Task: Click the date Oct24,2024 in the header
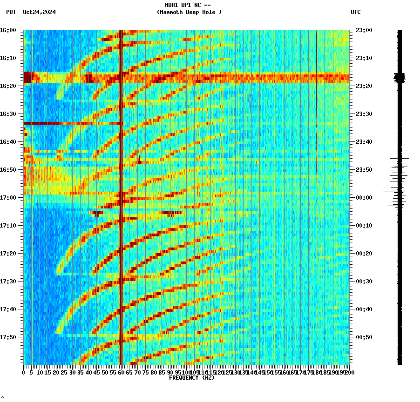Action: pyautogui.click(x=39, y=12)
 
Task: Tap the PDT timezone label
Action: pyautogui.click(x=11, y=12)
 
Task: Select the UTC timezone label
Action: pyautogui.click(x=355, y=12)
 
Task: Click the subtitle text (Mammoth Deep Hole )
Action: pyautogui.click(x=189, y=12)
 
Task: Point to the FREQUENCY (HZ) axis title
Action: pyautogui.click(x=191, y=378)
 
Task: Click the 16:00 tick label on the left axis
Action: pyautogui.click(x=8, y=30)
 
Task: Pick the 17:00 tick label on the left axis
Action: pyautogui.click(x=8, y=198)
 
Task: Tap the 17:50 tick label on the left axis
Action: pyautogui.click(x=8, y=337)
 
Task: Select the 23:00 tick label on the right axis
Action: pyautogui.click(x=364, y=30)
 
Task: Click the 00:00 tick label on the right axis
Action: pyautogui.click(x=364, y=198)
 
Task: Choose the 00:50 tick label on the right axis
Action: pyautogui.click(x=364, y=337)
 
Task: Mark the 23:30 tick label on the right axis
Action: pyautogui.click(x=364, y=114)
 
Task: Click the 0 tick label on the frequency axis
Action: pyautogui.click(x=24, y=373)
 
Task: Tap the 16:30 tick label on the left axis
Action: pyautogui.click(x=8, y=114)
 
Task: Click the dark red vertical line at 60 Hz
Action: pyautogui.click(x=121, y=233)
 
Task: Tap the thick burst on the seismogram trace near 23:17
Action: pyautogui.click(x=400, y=78)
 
